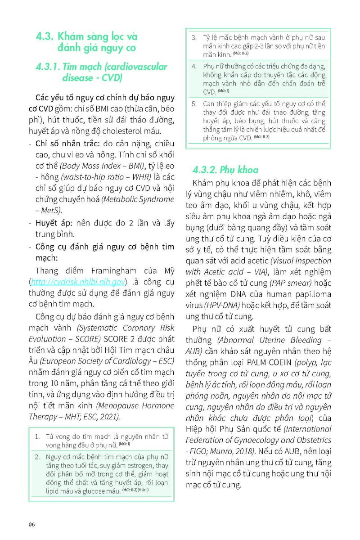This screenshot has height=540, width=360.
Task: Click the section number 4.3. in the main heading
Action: (45, 36)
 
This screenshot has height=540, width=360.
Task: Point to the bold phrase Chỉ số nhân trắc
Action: (57, 144)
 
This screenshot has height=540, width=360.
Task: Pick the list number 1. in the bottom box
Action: (37, 436)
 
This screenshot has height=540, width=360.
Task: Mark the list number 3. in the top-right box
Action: (194, 38)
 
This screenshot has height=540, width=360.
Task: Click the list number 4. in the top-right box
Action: (194, 67)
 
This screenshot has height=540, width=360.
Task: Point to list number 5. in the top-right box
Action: (194, 103)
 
